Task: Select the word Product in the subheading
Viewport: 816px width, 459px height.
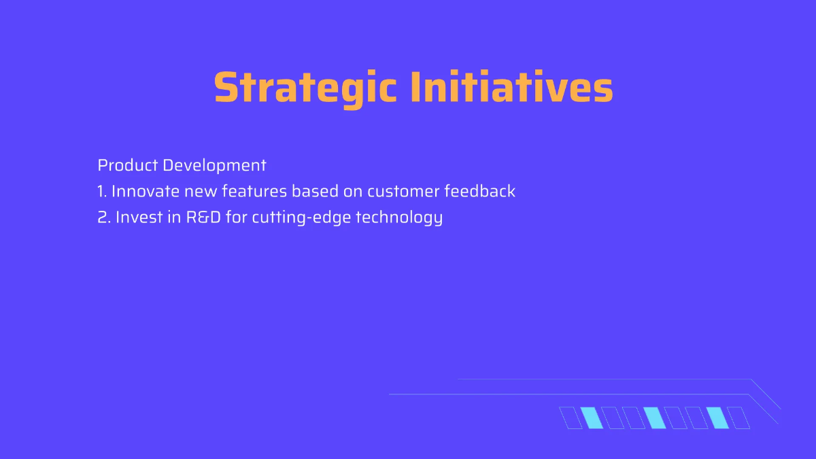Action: coord(128,165)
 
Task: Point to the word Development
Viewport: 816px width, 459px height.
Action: coord(214,165)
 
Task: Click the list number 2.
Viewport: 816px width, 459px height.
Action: coord(103,218)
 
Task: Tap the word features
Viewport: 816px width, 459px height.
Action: coord(254,192)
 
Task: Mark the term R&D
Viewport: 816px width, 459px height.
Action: coord(203,218)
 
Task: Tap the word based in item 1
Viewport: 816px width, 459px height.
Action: coord(315,192)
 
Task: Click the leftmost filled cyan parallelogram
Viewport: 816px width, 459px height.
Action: coord(592,418)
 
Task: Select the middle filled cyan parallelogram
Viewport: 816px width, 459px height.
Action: coord(655,418)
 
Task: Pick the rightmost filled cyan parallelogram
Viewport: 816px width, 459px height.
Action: coord(717,418)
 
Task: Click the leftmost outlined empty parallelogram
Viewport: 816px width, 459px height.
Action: coord(571,418)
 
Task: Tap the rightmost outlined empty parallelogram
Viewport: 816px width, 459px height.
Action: coord(738,418)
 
